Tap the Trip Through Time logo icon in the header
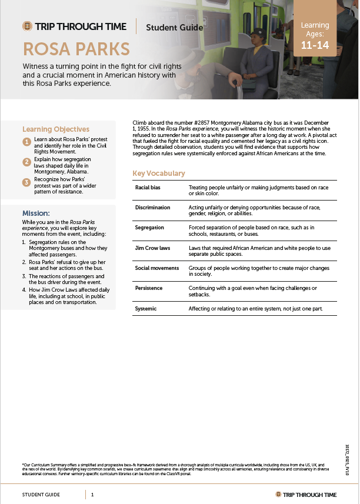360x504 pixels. (27, 26)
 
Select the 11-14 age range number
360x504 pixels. (315, 45)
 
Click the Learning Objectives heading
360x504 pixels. (56, 129)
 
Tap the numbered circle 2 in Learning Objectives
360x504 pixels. (26, 162)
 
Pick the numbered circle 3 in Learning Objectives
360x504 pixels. (26, 182)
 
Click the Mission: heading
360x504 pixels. (36, 213)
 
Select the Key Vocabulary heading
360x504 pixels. (159, 173)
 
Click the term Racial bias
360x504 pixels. (148, 187)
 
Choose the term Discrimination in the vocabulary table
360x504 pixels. (152, 208)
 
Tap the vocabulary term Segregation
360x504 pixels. (149, 228)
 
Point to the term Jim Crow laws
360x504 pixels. (152, 248)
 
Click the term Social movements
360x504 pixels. (156, 268)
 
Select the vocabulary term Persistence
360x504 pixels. (149, 288)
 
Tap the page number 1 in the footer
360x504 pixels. (92, 495)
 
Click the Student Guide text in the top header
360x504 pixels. (174, 27)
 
